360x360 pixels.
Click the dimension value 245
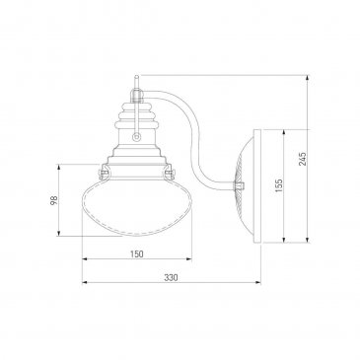coord(303,159)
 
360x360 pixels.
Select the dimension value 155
coord(279,185)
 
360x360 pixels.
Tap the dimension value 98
coord(54,200)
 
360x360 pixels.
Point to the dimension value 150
coord(137,253)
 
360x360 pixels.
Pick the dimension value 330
coord(171,277)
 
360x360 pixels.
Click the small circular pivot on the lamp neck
coord(136,137)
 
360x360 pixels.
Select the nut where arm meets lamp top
coord(136,95)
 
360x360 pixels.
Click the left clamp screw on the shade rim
coord(104,172)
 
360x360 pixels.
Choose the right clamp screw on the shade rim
coord(170,172)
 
